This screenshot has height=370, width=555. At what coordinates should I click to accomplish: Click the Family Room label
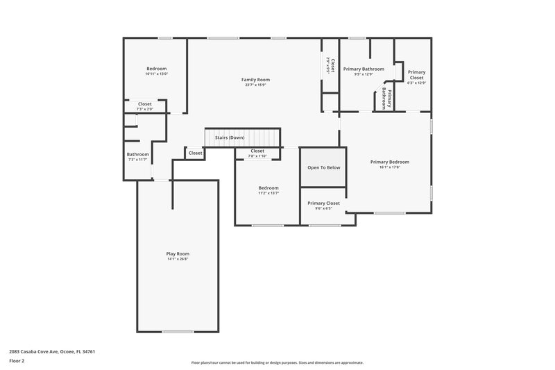pos(255,80)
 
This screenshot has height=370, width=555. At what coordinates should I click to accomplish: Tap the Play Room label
pos(178,254)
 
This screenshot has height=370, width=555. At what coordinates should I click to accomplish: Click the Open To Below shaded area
pos(324,167)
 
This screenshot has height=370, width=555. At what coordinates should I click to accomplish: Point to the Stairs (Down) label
pos(229,137)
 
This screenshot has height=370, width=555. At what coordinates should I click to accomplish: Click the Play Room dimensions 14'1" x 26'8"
pos(178,260)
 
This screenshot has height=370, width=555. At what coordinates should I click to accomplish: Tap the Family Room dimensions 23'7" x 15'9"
pos(255,85)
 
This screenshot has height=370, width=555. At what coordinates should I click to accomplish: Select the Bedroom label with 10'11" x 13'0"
pos(157,68)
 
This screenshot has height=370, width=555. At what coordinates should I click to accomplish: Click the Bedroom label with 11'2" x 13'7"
pos(268,187)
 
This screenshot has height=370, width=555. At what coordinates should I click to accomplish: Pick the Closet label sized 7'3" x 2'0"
pos(145,103)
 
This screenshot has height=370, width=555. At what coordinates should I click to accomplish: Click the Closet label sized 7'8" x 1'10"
pos(257,151)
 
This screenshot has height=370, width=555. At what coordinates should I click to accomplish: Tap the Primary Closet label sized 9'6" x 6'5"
pos(324,203)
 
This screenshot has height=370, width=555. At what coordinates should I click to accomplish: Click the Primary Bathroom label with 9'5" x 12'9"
pos(364,69)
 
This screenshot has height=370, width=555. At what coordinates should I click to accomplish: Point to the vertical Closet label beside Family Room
pos(332,65)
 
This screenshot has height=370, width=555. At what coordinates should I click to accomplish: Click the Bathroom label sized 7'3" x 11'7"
pos(137,154)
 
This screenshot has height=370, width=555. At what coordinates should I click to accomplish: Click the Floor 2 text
pos(17,361)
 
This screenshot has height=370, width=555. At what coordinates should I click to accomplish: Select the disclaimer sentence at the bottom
pos(277,362)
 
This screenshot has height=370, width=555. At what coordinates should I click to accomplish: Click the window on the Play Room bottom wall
pos(178,332)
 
